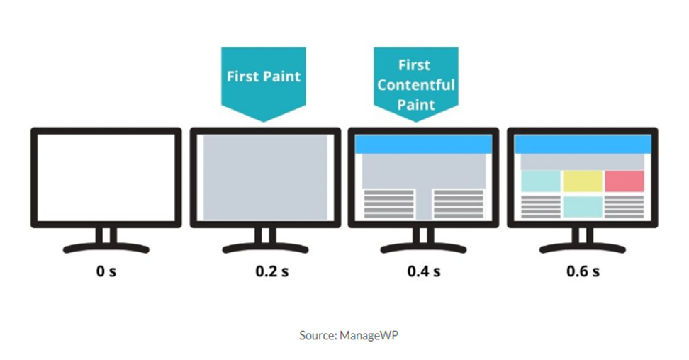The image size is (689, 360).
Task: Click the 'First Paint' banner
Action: tap(264, 77)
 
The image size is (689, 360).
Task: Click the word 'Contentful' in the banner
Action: tap(416, 85)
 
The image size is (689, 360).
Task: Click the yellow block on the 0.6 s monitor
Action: tap(583, 181)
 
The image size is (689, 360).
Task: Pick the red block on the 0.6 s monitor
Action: tap(624, 181)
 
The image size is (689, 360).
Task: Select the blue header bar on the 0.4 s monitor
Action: tap(424, 144)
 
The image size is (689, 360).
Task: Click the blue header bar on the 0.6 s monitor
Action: tap(583, 144)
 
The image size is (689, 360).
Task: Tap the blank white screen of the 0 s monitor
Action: tap(106, 177)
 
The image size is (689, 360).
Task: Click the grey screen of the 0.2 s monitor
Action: tap(265, 177)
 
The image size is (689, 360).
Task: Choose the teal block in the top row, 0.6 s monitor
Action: tap(540, 181)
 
